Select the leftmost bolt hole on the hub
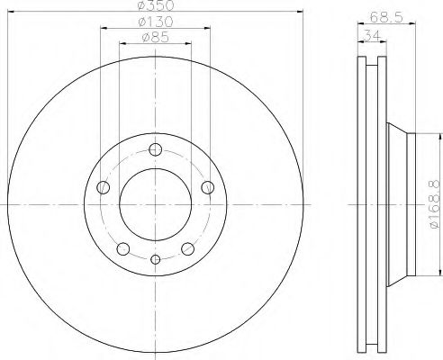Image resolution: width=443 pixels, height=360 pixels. pos(104,188)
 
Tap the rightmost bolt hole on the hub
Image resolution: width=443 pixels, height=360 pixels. pos(208,187)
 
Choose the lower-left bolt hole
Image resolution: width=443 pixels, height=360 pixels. pos(124,248)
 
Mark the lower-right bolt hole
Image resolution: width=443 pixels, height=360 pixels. pos(187,248)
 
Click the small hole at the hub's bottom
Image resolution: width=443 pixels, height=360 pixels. pos(156,260)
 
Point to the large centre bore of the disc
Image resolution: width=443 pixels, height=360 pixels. pos(156,202)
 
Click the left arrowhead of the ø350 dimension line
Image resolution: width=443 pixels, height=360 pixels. pos(10,13)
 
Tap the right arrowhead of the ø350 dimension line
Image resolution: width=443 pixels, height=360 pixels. pos(302,13)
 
